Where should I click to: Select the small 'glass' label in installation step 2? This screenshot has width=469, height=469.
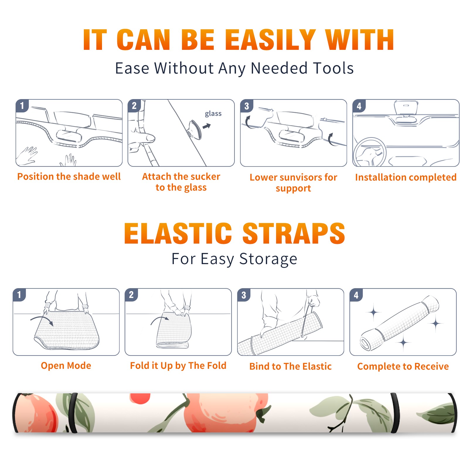tap(213, 114)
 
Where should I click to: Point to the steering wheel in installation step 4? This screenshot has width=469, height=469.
tap(370, 152)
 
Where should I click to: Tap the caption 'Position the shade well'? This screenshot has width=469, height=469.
tap(69, 176)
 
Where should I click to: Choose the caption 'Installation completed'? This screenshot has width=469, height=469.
tap(406, 177)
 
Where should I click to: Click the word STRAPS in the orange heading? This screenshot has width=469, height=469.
tap(294, 233)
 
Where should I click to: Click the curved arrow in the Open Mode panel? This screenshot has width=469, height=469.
tap(42, 320)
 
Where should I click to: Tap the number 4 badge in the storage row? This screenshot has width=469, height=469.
tap(356, 295)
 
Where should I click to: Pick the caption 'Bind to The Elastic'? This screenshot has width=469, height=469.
tap(290, 366)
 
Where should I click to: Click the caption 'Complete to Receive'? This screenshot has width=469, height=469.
tap(403, 366)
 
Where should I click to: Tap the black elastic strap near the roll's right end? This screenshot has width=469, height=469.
tap(395, 413)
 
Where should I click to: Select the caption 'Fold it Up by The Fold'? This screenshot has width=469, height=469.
tap(178, 366)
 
